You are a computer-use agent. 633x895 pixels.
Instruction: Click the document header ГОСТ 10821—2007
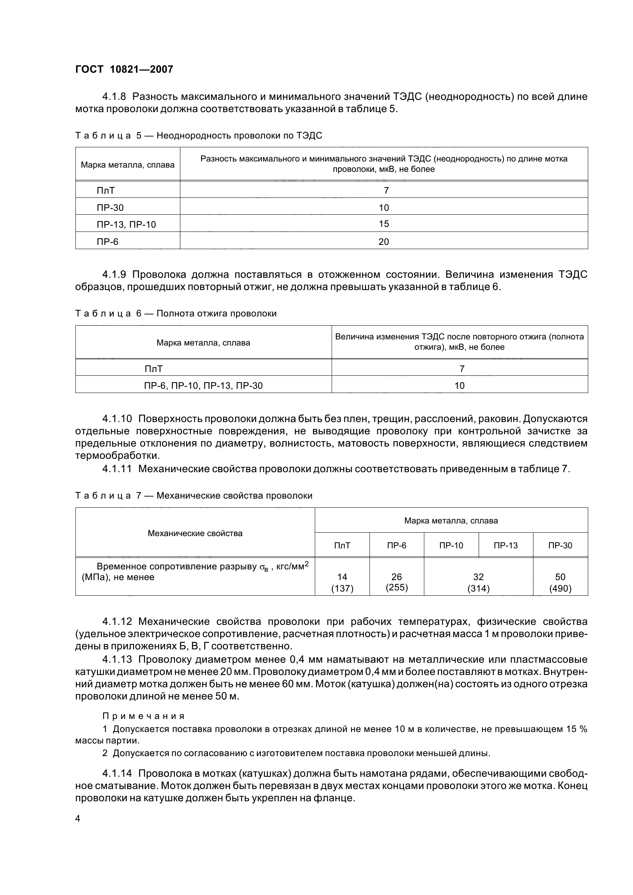point(124,69)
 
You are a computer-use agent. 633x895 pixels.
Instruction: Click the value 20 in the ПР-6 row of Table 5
point(383,242)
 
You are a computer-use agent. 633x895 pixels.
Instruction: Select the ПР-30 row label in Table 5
point(110,207)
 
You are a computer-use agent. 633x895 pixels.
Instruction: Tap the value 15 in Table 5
point(383,224)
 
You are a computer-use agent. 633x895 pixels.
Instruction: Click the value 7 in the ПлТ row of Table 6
point(460,368)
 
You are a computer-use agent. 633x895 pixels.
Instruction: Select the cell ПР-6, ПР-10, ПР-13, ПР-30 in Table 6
point(203,386)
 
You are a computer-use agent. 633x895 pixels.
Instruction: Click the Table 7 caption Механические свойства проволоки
point(234,496)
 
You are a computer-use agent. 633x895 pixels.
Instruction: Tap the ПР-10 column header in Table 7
point(451,545)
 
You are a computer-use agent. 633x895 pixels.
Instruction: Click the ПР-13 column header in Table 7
point(505,545)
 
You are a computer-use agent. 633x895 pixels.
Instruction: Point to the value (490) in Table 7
point(560,589)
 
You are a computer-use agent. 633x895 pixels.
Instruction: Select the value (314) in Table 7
point(478,589)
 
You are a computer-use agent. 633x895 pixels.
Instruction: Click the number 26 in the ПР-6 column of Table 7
point(396,577)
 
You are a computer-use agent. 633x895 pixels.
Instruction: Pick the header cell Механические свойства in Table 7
point(195,533)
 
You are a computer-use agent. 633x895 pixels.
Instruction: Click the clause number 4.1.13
point(118,660)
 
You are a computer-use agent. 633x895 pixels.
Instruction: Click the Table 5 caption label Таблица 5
point(109,136)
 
